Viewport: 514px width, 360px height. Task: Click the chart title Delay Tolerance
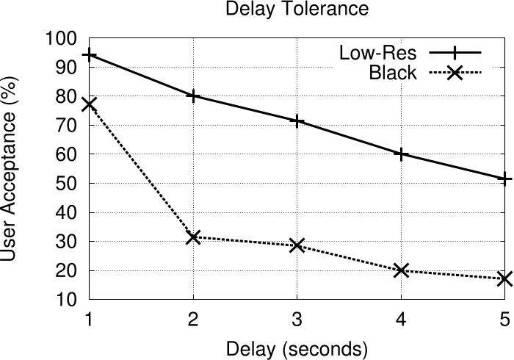(x=296, y=10)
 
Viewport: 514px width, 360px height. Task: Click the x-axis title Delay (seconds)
(x=296, y=346)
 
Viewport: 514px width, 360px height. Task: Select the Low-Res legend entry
(x=377, y=53)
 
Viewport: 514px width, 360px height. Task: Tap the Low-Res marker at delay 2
(x=193, y=96)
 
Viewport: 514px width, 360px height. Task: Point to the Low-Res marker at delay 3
(x=297, y=120)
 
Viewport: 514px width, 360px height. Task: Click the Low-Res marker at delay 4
(x=401, y=154)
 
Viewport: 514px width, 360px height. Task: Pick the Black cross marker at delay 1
(x=89, y=104)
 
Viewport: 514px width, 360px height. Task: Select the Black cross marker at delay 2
(x=193, y=237)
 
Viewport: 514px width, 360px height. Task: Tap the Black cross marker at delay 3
(x=297, y=245)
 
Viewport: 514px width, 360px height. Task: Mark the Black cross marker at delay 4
(x=401, y=270)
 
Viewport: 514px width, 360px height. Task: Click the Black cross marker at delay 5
(x=504, y=279)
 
